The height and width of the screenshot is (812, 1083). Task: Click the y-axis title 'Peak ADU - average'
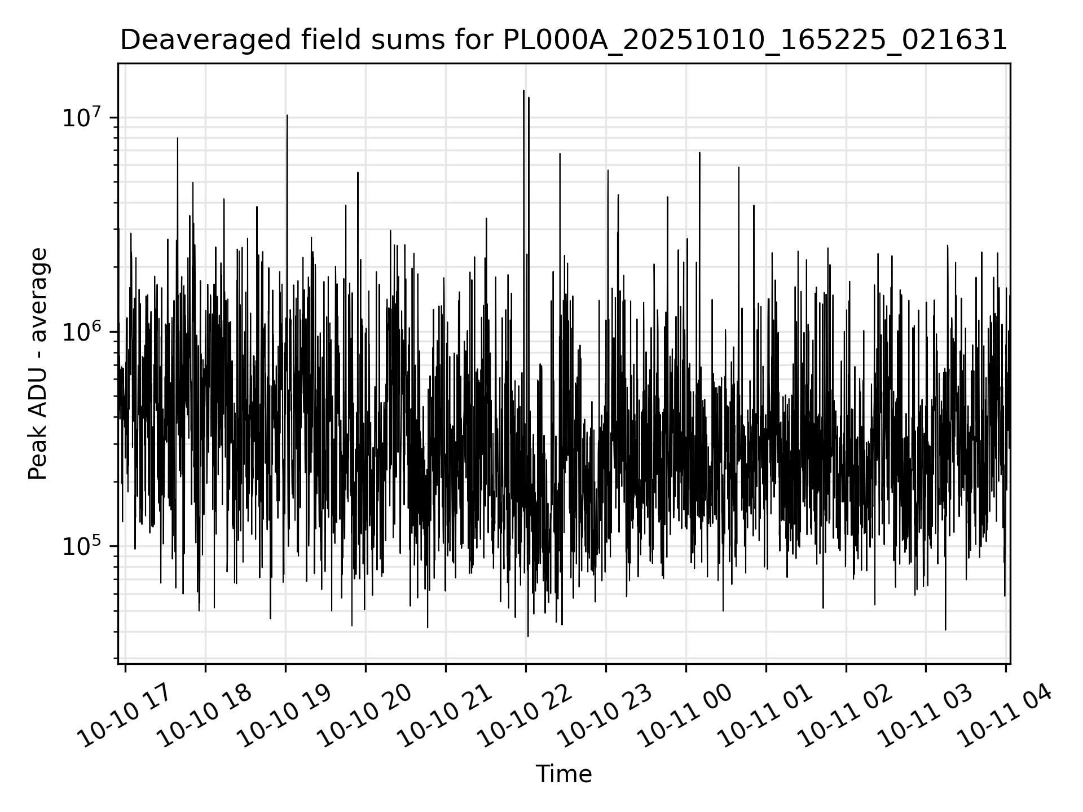pyautogui.click(x=38, y=364)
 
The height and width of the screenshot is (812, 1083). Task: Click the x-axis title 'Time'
pyautogui.click(x=563, y=774)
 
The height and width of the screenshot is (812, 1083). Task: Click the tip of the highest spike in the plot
pyautogui.click(x=523, y=91)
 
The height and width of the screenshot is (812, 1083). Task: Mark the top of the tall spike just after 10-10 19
pyautogui.click(x=287, y=116)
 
